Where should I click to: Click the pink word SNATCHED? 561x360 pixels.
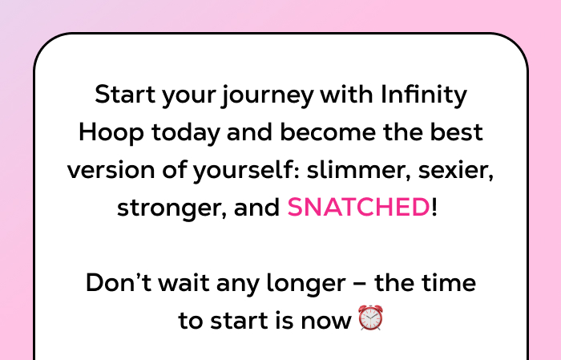[x=358, y=208]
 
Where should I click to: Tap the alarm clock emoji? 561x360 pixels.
[x=370, y=319]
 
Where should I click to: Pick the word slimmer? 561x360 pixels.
[x=361, y=170]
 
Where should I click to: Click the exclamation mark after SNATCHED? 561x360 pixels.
[x=434, y=208]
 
